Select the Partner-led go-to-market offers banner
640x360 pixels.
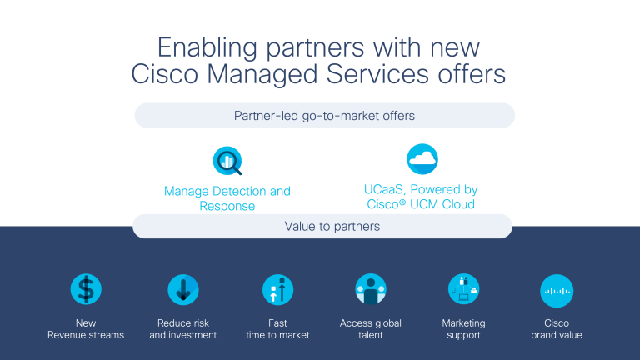coord(324,116)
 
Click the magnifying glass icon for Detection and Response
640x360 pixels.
coord(227,159)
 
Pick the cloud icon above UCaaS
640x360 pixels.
coord(422,158)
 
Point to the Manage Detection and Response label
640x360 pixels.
coord(227,198)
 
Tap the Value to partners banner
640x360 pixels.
coord(322,226)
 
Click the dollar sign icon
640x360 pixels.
coord(86,289)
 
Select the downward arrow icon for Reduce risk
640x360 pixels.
coord(182,289)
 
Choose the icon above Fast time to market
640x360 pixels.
coord(277,289)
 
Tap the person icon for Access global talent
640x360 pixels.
coord(371,289)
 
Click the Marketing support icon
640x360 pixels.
coord(463,289)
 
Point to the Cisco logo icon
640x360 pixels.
coord(557,290)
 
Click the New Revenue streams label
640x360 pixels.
coord(86,329)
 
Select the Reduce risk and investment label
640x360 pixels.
coord(182,329)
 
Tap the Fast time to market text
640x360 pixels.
coord(277,329)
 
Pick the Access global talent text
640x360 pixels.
coord(371,329)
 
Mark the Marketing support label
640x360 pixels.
coord(463,329)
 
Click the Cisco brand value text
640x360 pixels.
coord(557,329)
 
